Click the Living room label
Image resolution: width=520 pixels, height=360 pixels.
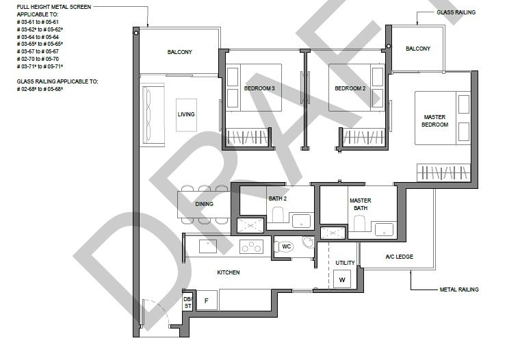point(186,114)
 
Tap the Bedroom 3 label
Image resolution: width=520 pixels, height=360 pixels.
point(259,88)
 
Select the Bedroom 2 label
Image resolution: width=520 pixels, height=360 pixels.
point(350,88)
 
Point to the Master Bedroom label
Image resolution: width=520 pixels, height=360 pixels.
point(434,120)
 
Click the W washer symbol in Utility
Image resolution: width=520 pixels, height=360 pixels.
point(342,279)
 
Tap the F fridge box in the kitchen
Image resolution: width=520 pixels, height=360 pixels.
point(207,300)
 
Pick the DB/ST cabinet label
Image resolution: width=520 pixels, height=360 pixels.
point(187,303)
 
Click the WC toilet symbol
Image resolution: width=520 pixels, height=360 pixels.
point(285,246)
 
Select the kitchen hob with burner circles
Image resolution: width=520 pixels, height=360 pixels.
point(251,246)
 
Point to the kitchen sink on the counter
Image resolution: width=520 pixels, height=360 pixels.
point(208,246)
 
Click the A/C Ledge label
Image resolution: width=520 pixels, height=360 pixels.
point(400,257)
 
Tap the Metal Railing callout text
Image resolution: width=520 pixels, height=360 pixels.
point(459,290)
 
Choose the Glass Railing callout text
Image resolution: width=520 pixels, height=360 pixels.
point(456,12)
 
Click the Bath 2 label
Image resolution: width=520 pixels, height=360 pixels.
point(278,198)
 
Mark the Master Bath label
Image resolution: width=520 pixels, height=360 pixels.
point(361,205)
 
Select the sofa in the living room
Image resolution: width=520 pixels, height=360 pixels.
point(153,115)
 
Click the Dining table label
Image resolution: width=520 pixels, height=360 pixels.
point(205,204)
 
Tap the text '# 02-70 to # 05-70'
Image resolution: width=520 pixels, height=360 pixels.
point(38,59)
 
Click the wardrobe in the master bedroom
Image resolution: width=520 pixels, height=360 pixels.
point(444,172)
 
